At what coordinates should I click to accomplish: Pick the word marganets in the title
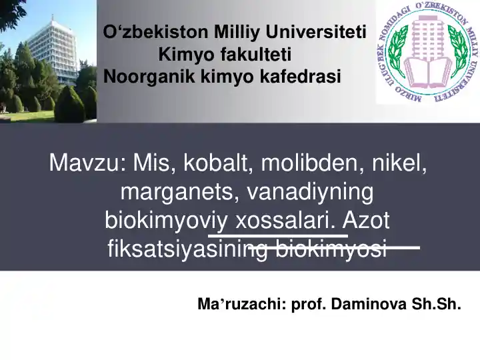pyautogui.click(x=179, y=192)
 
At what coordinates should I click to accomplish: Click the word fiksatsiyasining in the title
pyautogui.click(x=188, y=249)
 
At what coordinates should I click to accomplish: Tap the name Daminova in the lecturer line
pyautogui.click(x=369, y=305)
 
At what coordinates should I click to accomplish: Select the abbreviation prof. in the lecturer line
pyautogui.click(x=309, y=305)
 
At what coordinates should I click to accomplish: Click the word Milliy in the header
pyautogui.click(x=237, y=31)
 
